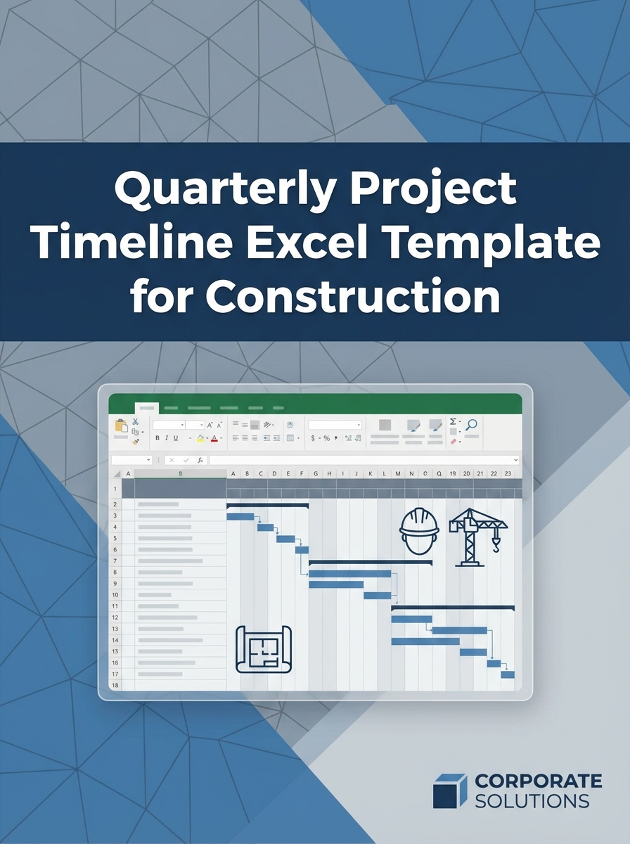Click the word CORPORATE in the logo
point(538,781)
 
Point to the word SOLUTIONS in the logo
point(532,800)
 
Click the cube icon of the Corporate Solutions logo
point(449,791)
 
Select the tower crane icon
point(477,536)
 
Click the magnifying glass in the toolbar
point(472,424)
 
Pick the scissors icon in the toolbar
point(136,422)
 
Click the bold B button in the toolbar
point(157,438)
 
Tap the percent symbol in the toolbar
point(326,438)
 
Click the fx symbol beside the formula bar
point(200,460)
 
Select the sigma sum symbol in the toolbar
point(454,422)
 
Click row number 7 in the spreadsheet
point(115,561)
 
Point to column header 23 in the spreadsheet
point(508,474)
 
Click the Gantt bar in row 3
point(240,517)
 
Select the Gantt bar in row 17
point(508,674)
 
